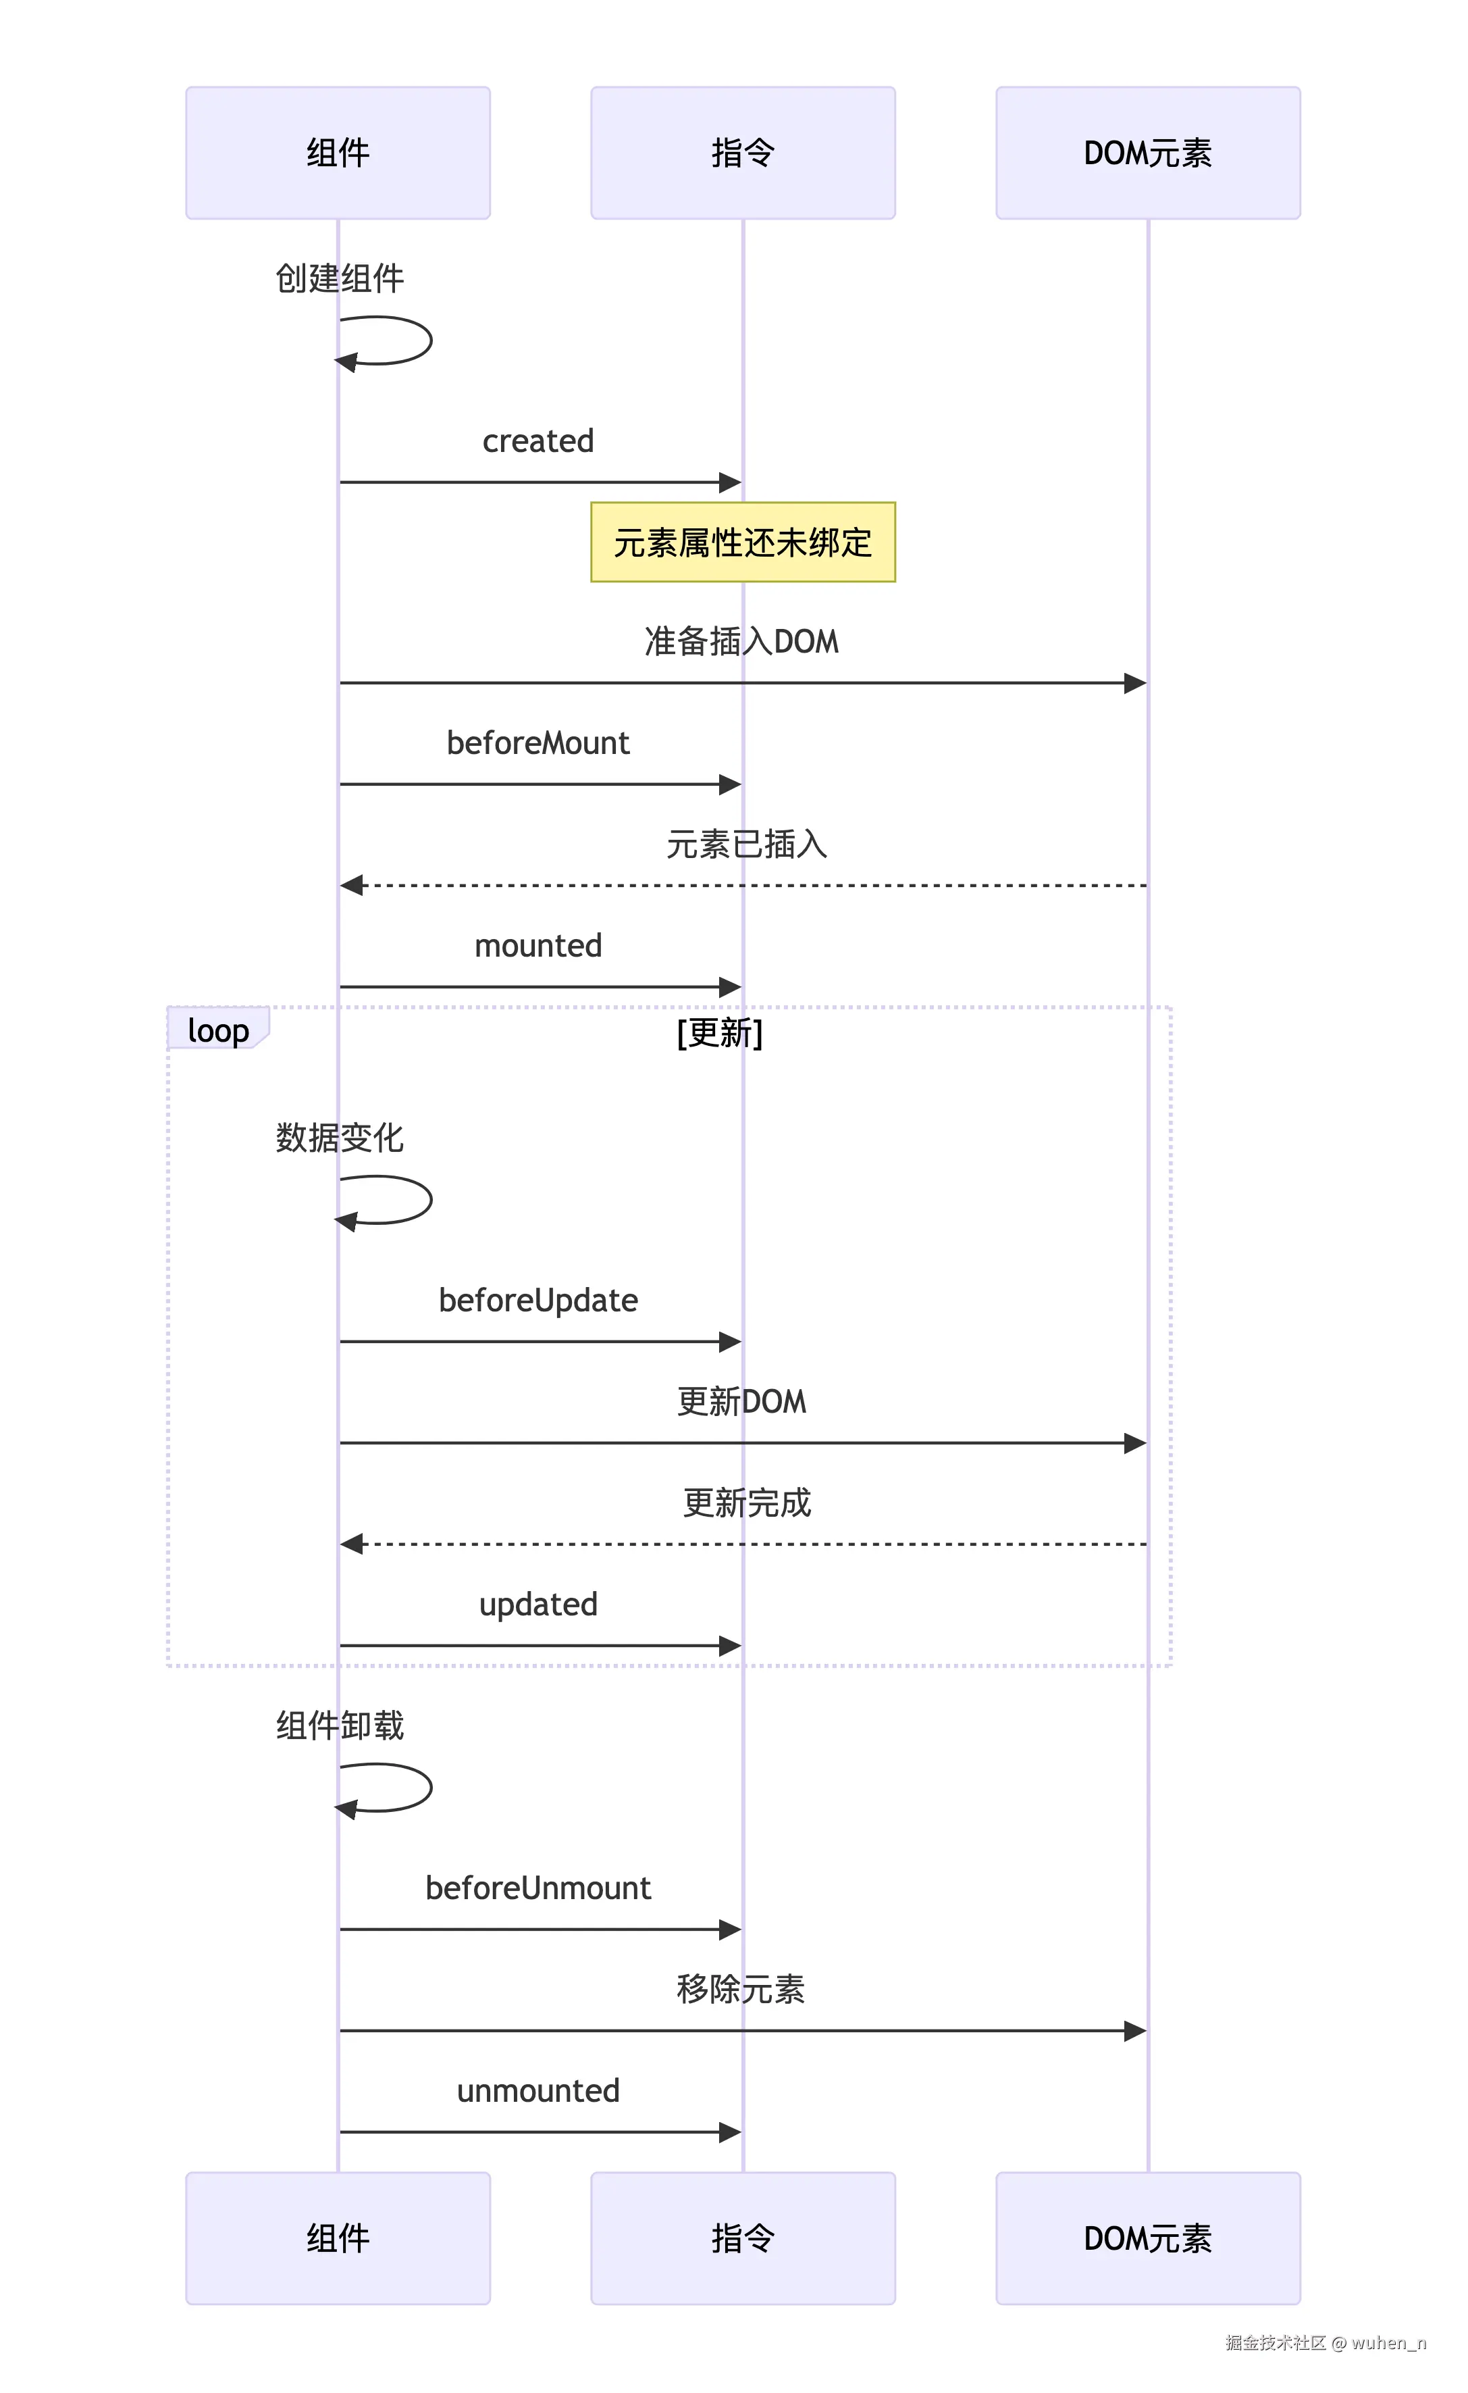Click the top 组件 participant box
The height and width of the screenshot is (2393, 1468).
pyautogui.click(x=338, y=153)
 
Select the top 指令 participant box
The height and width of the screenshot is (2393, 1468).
pyautogui.click(x=743, y=153)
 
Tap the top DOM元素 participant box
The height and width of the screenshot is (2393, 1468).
pyautogui.click(x=1148, y=153)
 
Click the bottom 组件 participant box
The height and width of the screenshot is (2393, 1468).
pyautogui.click(x=338, y=2238)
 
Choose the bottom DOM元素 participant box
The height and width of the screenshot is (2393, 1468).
pyautogui.click(x=1148, y=2238)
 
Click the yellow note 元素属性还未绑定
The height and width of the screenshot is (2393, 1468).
pyautogui.click(x=743, y=542)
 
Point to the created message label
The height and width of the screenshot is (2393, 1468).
pyautogui.click(x=538, y=441)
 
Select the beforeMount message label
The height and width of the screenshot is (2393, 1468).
pyautogui.click(x=538, y=743)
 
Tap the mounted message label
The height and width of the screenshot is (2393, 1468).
pyautogui.click(x=538, y=946)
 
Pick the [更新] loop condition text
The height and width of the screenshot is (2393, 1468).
pyautogui.click(x=719, y=1032)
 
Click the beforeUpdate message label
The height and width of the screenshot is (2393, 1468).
pyautogui.click(x=538, y=1301)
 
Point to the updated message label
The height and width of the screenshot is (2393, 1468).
pyautogui.click(x=538, y=1605)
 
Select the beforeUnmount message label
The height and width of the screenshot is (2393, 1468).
pyautogui.click(x=538, y=1888)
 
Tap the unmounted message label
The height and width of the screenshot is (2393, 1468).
pyautogui.click(x=538, y=2091)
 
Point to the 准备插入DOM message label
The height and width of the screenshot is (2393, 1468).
pyautogui.click(x=742, y=642)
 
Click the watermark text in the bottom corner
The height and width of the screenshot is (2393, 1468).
pyautogui.click(x=1326, y=2342)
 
